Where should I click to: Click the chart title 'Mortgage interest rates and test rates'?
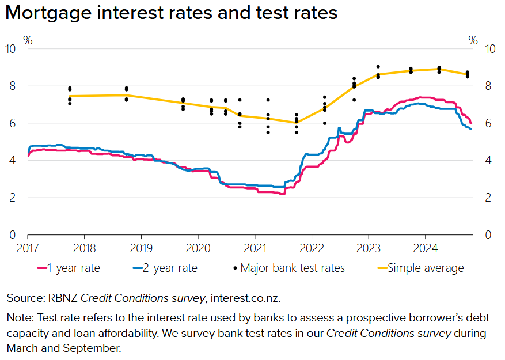click(172, 13)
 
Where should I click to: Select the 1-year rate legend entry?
click(69, 268)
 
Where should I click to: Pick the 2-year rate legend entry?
click(165, 268)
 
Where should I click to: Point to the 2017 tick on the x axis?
click(28, 247)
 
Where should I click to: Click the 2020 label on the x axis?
click(198, 247)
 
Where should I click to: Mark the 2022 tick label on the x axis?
click(312, 247)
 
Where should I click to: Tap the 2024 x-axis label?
click(425, 247)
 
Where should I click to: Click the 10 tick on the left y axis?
click(11, 48)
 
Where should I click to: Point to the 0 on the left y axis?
click(13, 235)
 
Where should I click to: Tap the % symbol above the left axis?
click(28, 40)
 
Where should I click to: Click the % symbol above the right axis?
click(473, 40)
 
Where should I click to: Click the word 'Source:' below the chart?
click(25, 298)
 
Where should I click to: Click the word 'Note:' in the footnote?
click(19, 318)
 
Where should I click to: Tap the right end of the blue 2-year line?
click(471, 129)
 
